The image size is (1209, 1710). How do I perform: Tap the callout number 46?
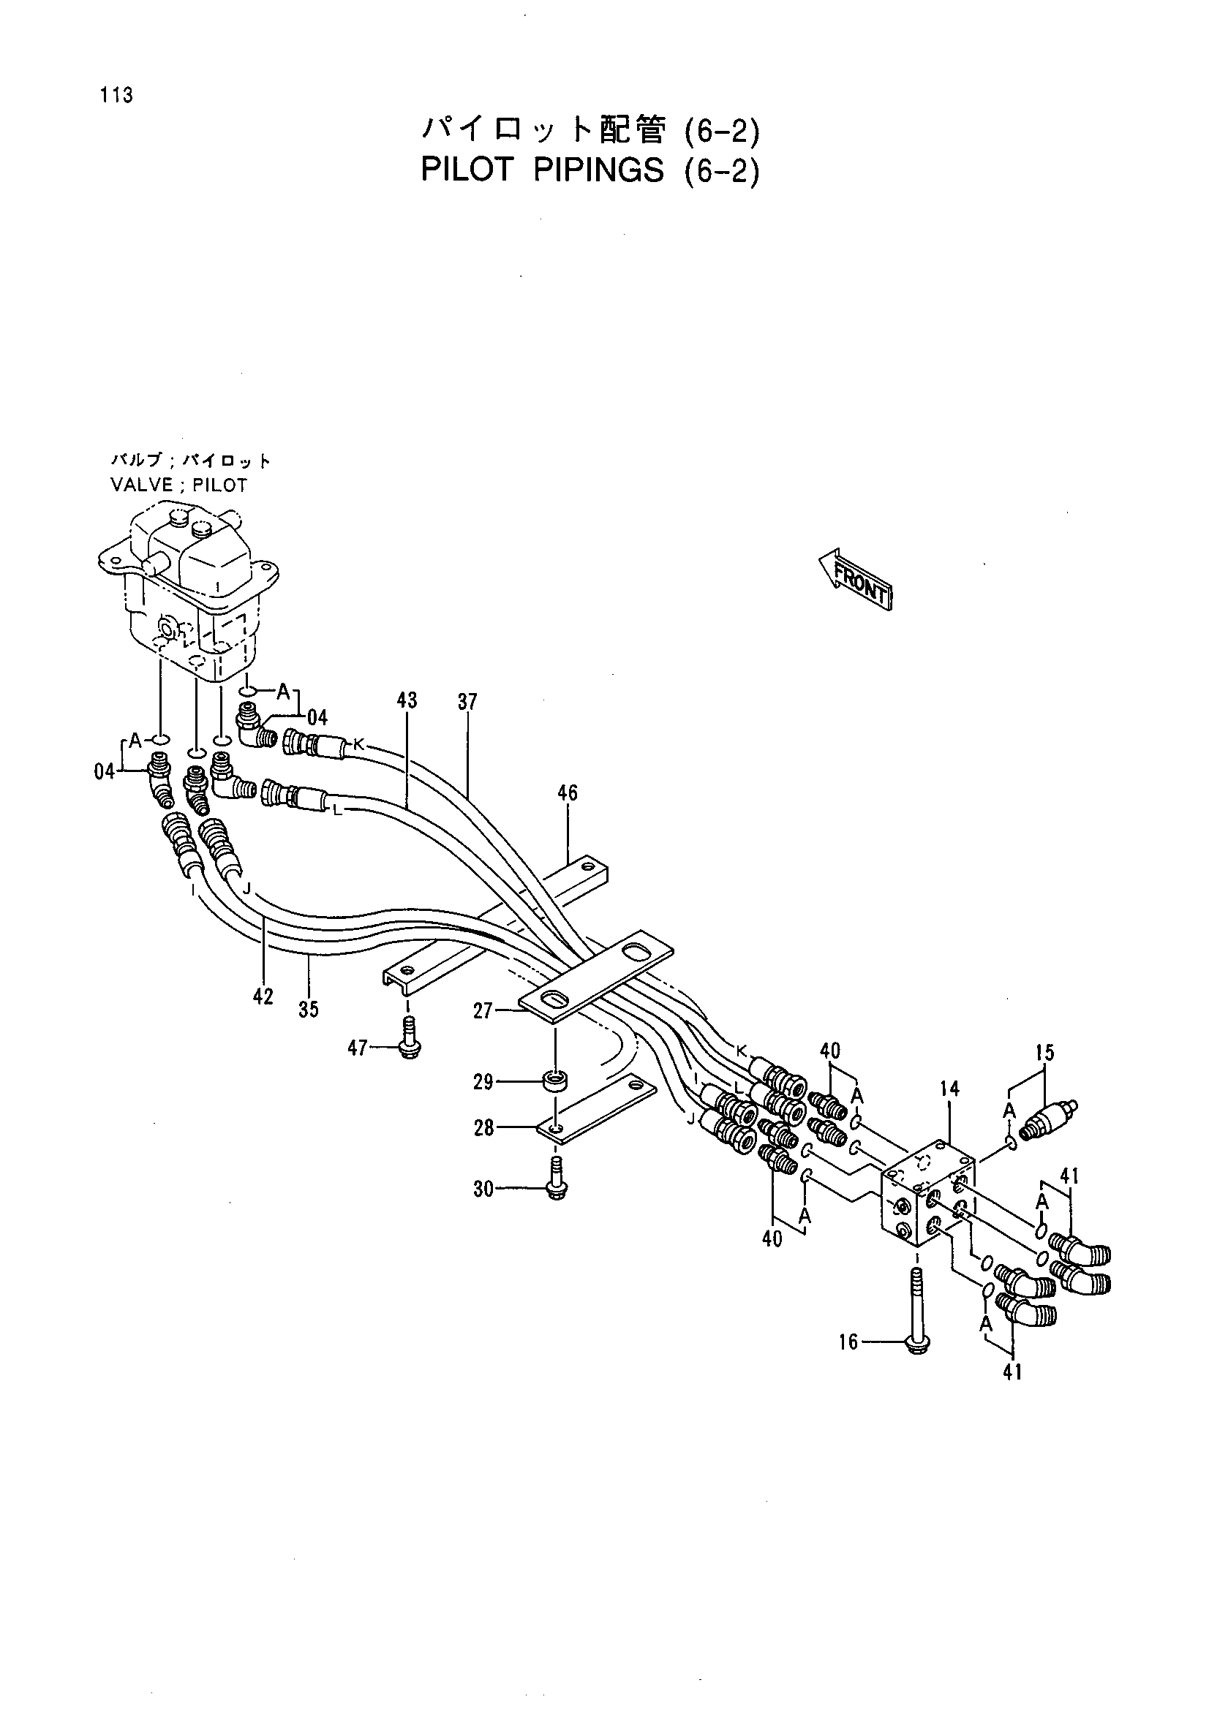[x=568, y=793]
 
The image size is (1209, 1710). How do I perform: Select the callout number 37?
[x=467, y=702]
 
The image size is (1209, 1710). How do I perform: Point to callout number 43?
[x=407, y=700]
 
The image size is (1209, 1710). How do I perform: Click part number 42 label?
[x=263, y=996]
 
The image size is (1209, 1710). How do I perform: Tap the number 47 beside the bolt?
[x=358, y=1048]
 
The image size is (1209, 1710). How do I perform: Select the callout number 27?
[x=484, y=1010]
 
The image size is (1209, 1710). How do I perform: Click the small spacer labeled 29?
[x=555, y=1081]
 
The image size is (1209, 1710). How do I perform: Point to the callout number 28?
[x=484, y=1128]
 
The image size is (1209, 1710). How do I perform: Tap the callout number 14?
[x=949, y=1089]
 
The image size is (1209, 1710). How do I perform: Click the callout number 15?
[x=1044, y=1052]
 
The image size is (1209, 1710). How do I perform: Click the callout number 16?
[x=849, y=1342]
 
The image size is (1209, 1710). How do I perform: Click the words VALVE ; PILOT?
[x=178, y=485]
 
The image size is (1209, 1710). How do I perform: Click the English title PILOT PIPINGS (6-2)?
[x=591, y=170]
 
